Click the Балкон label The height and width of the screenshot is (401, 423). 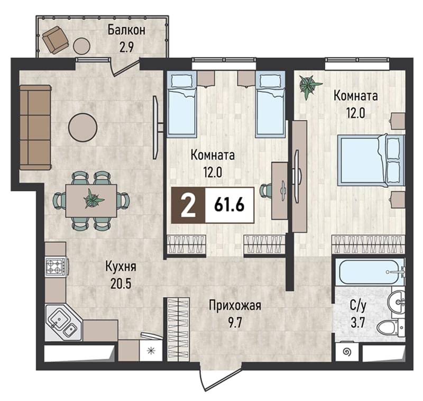click(126, 30)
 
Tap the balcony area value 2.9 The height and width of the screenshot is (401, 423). click(126, 48)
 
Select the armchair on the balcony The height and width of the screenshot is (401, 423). click(55, 39)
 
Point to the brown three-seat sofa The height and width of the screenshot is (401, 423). click(35, 127)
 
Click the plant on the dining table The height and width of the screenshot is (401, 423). click(94, 199)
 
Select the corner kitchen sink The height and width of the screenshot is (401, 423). click(63, 322)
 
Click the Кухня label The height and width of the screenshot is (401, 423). click(121, 267)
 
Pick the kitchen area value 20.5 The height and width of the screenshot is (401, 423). click(121, 284)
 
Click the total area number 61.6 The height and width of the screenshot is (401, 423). click(229, 205)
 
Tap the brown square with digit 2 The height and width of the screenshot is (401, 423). click(188, 205)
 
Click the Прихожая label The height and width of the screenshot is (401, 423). click(235, 306)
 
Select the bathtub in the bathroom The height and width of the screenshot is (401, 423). click(370, 272)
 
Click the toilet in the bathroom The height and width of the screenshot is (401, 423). click(391, 328)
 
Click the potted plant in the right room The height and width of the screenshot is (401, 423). click(309, 86)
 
